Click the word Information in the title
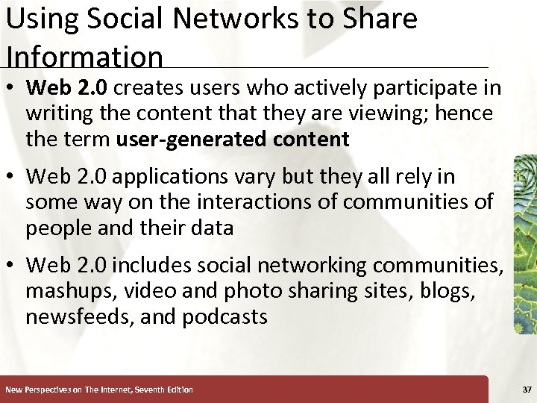[84, 57]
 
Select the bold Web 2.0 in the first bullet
[67, 88]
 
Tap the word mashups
[74, 291]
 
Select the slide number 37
[527, 390]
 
